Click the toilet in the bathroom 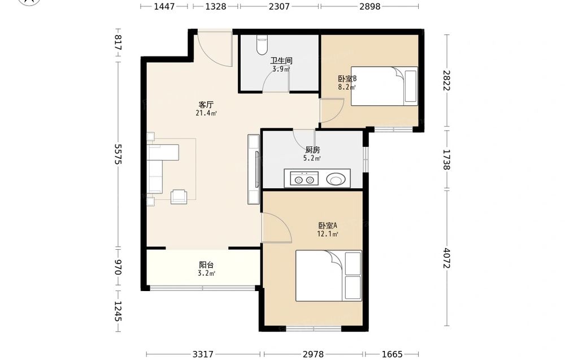click(262, 45)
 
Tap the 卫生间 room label click(281, 60)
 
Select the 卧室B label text click(347, 79)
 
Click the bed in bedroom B click(384, 86)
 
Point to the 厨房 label click(312, 150)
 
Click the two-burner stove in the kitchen click(302, 179)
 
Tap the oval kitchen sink click(337, 179)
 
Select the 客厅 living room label click(206, 105)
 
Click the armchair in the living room click(179, 196)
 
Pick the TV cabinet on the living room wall click(253, 169)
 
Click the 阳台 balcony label click(206, 265)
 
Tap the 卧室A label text click(328, 226)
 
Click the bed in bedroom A click(329, 276)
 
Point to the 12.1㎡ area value click(328, 234)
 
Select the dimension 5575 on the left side click(118, 154)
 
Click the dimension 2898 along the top click(370, 6)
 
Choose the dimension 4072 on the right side click(447, 258)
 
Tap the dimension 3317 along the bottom click(203, 354)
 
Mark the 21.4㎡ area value click(206, 113)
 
